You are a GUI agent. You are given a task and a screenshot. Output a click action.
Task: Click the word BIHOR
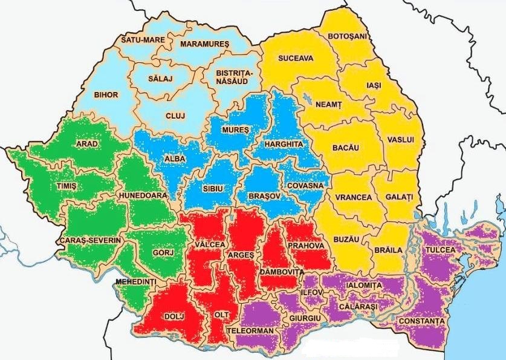tap(106, 95)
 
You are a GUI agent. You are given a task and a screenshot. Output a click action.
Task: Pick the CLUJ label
tap(175, 116)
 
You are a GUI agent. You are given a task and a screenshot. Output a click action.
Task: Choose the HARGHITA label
tap(282, 144)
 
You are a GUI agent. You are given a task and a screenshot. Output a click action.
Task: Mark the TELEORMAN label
tap(249, 332)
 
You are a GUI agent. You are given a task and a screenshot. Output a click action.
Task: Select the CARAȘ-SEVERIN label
tap(90, 240)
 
